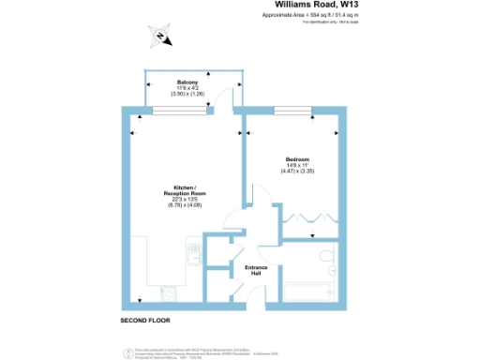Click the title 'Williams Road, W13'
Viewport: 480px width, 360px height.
pos(333,7)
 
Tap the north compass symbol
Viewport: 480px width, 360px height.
pos(160,37)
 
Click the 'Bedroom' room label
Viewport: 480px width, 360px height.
pos(297,159)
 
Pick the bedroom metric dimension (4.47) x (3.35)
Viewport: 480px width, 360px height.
pos(297,172)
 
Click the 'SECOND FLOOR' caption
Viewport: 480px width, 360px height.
pos(145,321)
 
